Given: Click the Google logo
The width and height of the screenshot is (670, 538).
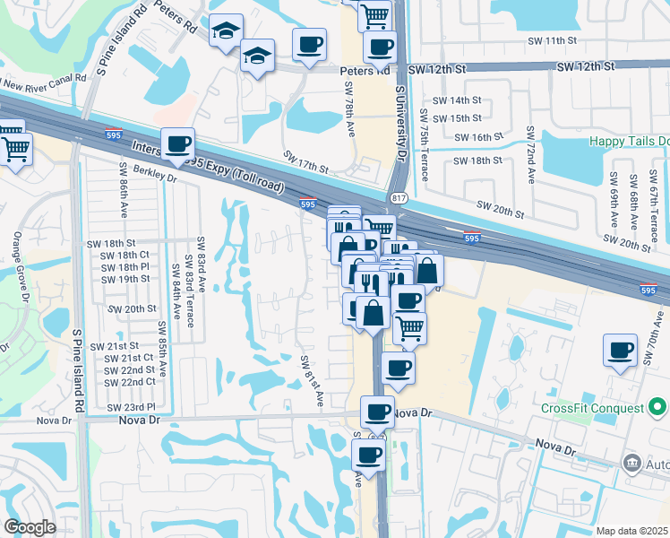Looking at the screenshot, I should click(30, 527).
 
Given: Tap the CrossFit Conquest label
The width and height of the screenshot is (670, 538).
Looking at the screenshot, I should click(593, 409).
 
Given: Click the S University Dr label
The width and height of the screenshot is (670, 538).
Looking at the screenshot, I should click(400, 126).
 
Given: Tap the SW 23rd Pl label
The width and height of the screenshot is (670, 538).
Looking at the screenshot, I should click(135, 407).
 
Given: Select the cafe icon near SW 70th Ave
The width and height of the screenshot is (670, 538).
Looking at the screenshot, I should click(620, 350).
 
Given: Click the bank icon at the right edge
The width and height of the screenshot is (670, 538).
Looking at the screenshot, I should click(632, 463).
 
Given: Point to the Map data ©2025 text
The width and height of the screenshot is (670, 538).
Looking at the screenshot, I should click(632, 531).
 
